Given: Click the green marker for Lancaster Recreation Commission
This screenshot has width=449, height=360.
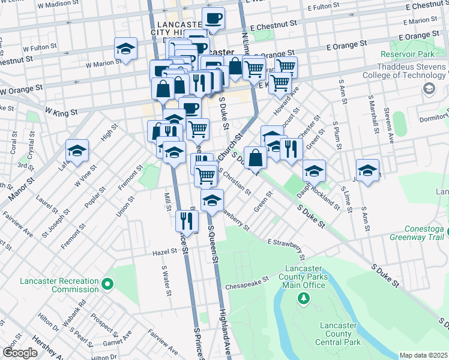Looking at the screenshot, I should (x=107, y=283).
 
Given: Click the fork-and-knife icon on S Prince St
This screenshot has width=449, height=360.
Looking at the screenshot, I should (x=186, y=220).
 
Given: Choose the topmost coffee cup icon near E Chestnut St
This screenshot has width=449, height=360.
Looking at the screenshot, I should (x=212, y=18).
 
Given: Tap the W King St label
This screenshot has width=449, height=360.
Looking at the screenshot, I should (x=61, y=112).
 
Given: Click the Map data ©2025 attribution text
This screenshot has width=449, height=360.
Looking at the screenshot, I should (x=423, y=355).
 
